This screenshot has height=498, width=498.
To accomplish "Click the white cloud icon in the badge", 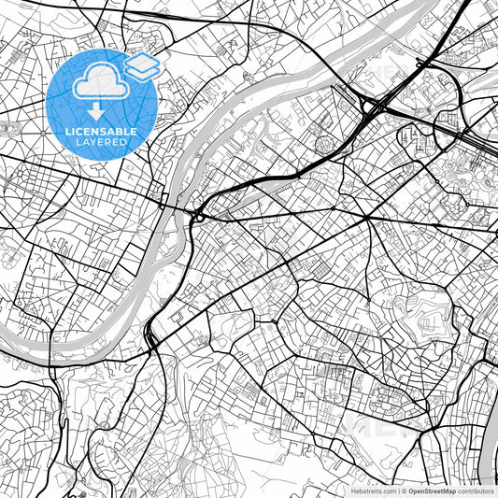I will click(x=97, y=82).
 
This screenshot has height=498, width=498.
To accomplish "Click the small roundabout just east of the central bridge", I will click(x=199, y=218).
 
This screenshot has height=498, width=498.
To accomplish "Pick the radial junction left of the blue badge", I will click(x=10, y=127).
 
